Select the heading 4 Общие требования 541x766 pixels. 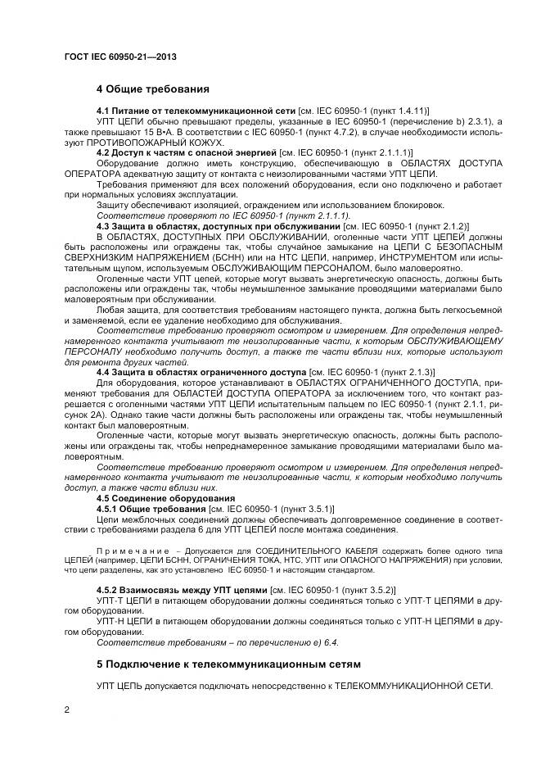153,88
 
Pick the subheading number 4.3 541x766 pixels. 105,226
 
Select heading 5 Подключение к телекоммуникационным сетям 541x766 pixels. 228,663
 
